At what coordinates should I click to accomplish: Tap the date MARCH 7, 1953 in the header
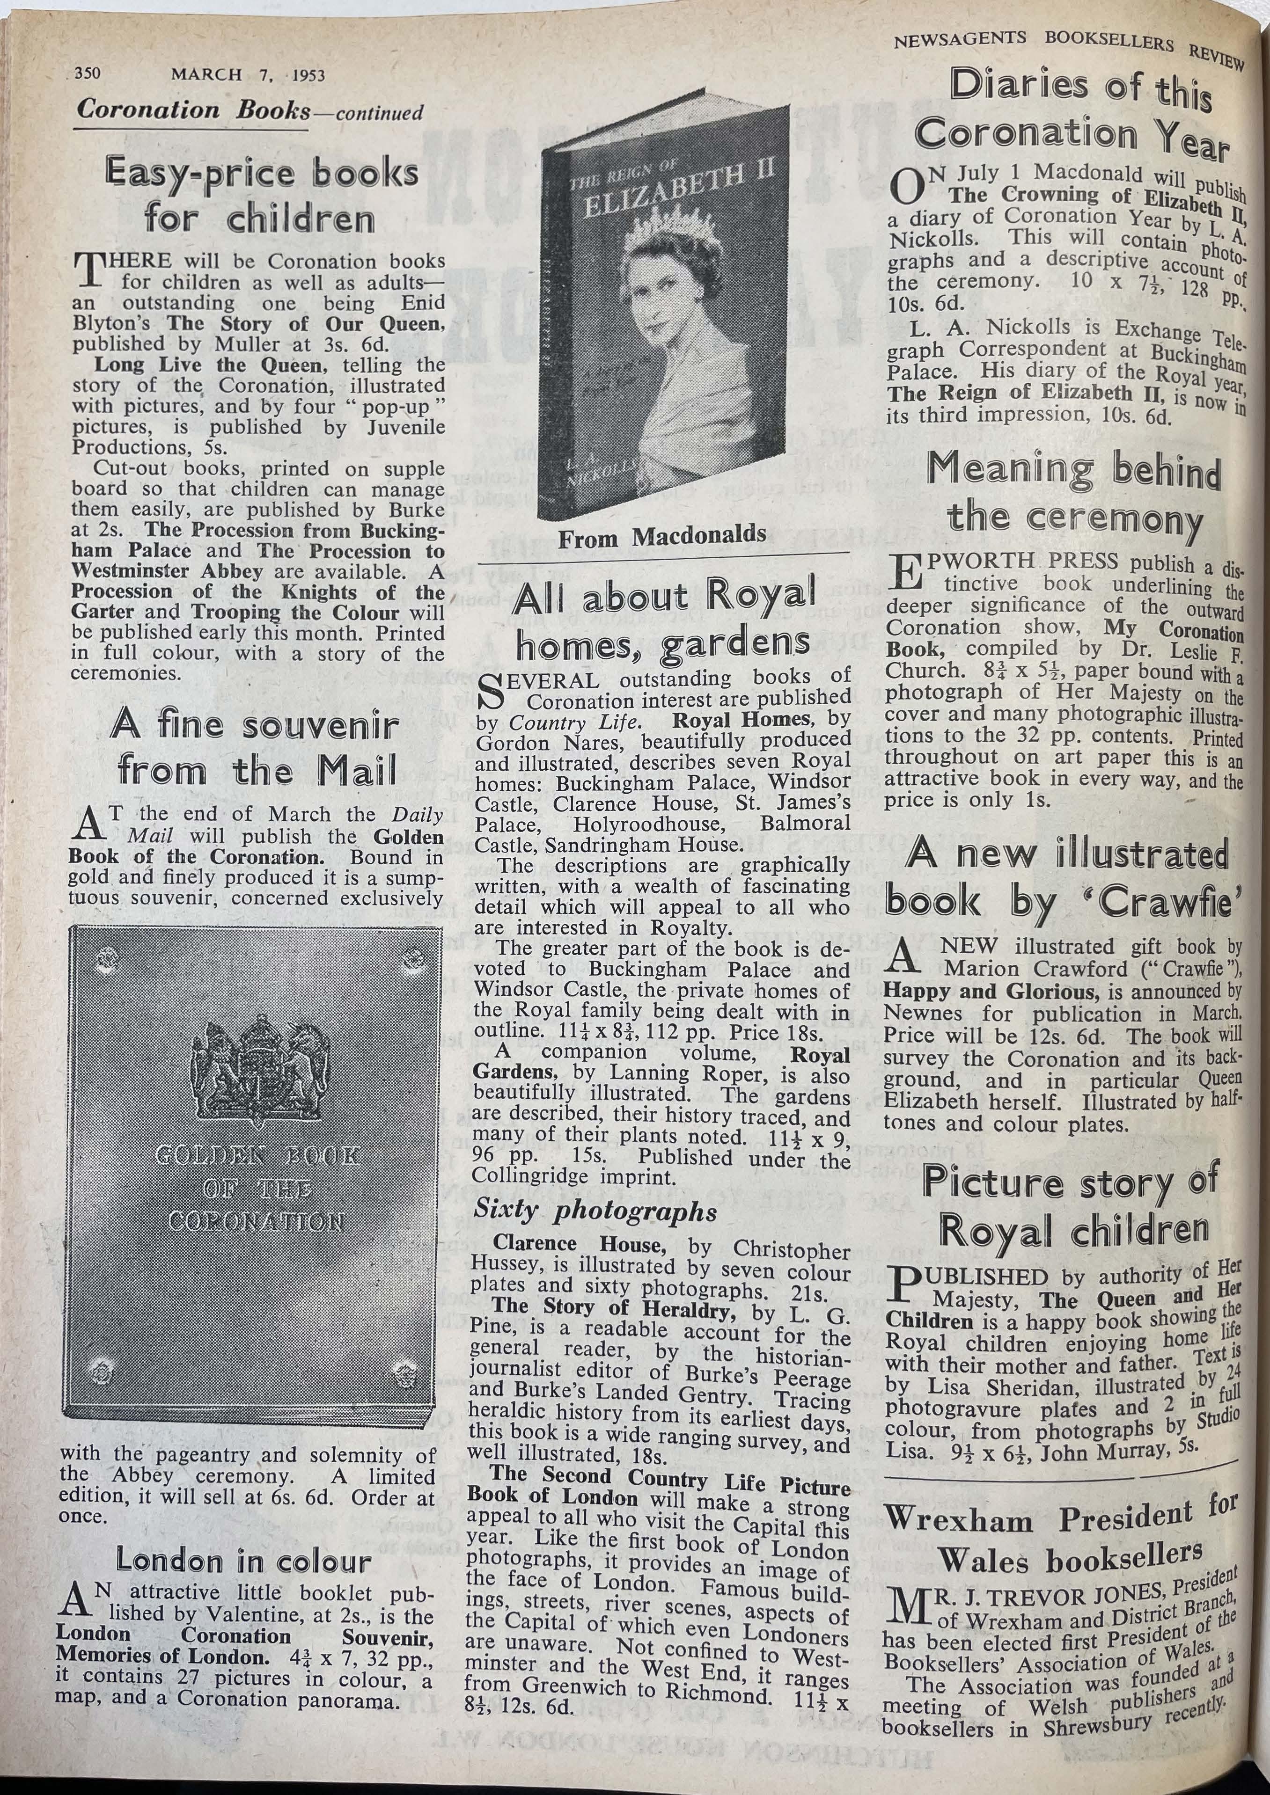(x=248, y=75)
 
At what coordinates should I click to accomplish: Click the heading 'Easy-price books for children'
(x=262, y=196)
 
